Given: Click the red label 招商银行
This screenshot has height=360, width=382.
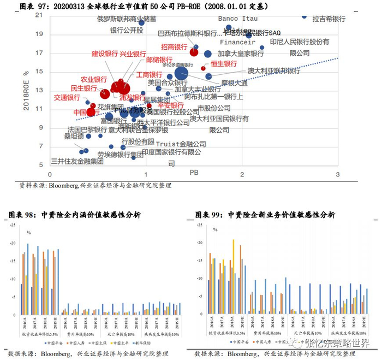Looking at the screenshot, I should (x=175, y=48).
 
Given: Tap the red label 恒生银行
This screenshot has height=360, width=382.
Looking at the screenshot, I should (x=224, y=64).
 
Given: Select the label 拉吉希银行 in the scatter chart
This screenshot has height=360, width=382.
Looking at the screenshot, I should (x=329, y=19).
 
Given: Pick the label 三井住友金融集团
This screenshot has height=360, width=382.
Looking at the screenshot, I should (x=77, y=161).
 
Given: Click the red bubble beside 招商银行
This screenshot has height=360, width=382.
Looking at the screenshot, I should (x=194, y=52).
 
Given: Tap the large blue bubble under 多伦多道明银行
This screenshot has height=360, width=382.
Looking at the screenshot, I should (x=181, y=74).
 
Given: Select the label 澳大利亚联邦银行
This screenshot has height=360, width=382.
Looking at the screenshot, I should (x=274, y=71).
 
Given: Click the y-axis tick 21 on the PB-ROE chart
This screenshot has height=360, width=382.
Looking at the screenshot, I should (x=39, y=15).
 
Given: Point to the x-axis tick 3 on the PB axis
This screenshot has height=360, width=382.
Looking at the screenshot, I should (x=337, y=174).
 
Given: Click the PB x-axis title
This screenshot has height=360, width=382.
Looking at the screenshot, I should (x=193, y=172).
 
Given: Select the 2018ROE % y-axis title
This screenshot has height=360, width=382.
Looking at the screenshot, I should (x=26, y=90).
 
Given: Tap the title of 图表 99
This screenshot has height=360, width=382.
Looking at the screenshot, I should (x=265, y=215).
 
